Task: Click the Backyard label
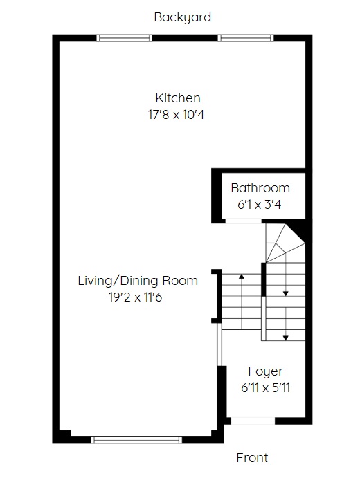183,17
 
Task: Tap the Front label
252,458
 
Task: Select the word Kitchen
178,98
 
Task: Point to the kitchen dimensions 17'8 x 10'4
176,115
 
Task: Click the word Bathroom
260,188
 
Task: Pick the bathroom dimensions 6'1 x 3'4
259,205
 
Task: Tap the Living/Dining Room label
138,281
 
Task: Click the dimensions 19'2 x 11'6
135,297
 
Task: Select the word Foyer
266,371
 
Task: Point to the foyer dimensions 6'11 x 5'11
265,388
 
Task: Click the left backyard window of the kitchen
125,38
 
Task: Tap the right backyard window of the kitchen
246,38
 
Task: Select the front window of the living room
136,440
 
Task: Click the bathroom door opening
243,221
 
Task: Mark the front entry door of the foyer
253,421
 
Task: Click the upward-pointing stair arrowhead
242,277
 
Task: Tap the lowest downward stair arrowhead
285,338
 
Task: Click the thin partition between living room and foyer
219,344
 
